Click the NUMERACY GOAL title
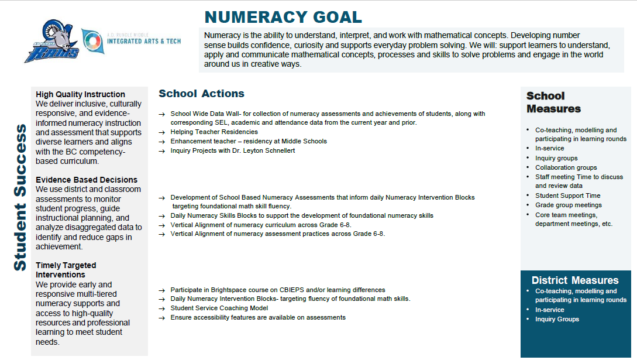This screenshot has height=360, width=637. point(283,17)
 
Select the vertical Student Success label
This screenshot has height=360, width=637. point(20,197)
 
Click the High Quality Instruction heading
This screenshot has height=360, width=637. point(80,94)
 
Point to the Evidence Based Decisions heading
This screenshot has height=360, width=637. point(87,180)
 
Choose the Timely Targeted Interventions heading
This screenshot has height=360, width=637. point(66,270)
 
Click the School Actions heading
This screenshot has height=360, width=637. point(201,94)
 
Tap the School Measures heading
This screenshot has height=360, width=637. point(553,102)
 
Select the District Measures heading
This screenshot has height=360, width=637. point(575,280)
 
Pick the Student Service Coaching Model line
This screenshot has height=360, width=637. point(219,308)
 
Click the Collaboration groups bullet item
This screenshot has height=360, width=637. point(566,167)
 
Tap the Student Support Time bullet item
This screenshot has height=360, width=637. point(567,196)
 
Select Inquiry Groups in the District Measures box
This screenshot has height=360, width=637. point(557,319)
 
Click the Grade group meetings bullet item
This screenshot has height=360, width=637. point(568,205)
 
